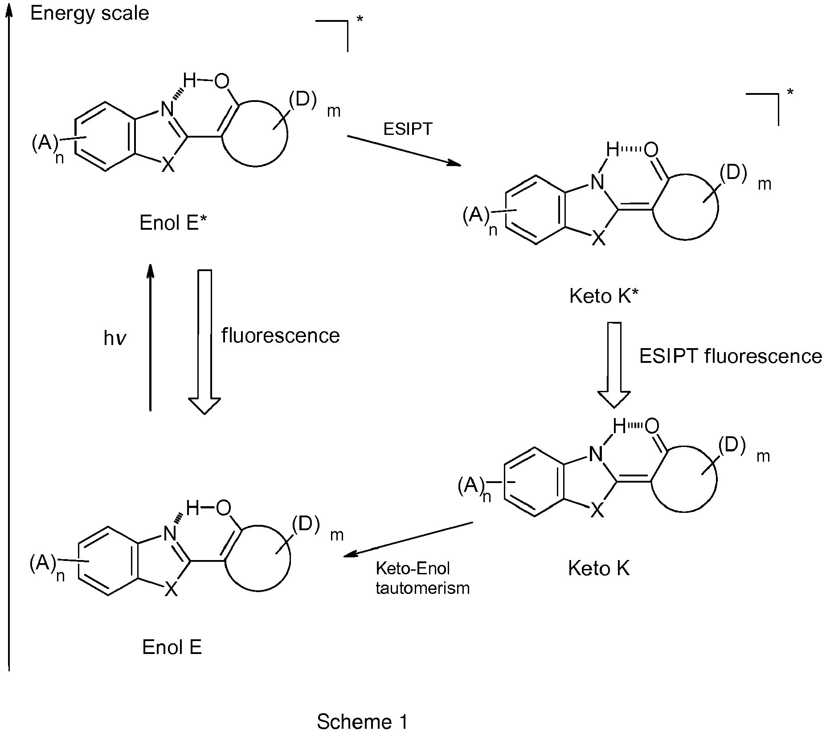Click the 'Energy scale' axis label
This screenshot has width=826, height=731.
point(89,14)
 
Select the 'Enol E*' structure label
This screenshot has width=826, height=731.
point(172,223)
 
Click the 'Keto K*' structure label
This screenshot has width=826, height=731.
point(604,296)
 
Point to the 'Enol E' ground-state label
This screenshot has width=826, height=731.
point(172,647)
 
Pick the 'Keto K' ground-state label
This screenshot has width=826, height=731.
point(599,569)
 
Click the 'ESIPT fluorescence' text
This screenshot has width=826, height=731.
point(730,356)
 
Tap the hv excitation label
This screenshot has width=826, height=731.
point(115,339)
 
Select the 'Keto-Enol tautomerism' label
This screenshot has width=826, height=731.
point(422,578)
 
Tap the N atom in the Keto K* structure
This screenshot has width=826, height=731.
point(597,182)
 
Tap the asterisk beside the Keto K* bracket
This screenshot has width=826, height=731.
point(790,92)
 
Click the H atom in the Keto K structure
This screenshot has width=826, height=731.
point(619,426)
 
